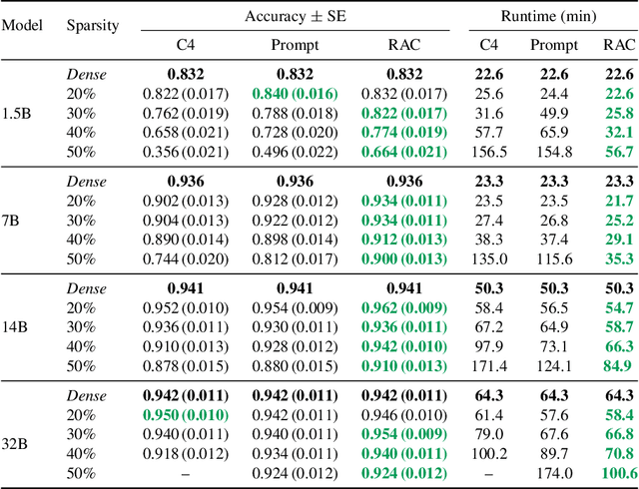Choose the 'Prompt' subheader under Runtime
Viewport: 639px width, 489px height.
[554, 44]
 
